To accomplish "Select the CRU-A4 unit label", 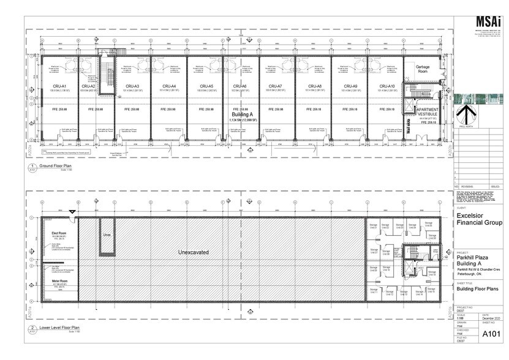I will point(169,86).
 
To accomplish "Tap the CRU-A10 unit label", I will point(386,86).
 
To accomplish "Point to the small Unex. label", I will point(106,234).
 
